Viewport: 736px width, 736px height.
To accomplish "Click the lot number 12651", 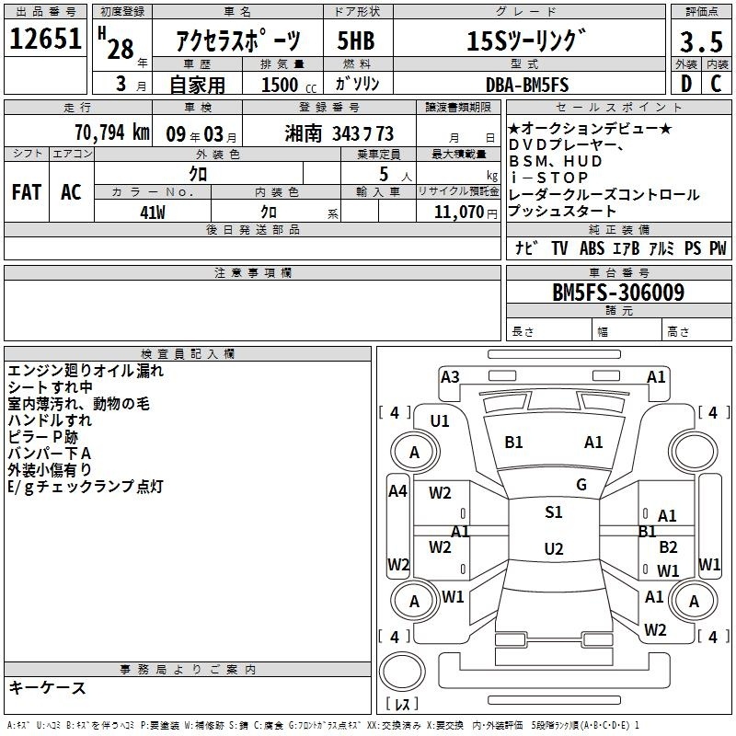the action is pos(45,39).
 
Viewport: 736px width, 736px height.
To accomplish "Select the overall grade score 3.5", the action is pos(701,41).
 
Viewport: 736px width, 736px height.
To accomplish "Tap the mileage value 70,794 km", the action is pos(112,132).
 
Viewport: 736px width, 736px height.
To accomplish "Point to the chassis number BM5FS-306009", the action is pos(618,292).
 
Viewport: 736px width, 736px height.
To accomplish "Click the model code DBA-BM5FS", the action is pos(527,85).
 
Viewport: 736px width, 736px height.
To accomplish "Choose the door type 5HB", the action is pos(356,40).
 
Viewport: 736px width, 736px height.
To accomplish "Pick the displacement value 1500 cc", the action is pos(288,85).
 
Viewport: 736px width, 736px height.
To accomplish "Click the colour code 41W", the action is pos(153,213).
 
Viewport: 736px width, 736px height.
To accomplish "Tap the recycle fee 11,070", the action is pos(459,213).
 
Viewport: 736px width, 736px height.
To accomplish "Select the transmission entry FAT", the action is pos(27,192).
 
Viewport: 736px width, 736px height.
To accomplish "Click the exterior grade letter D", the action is pos(686,84).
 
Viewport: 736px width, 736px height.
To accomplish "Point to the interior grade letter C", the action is pos(716,84).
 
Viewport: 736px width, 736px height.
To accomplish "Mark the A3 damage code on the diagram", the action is pos(450,377).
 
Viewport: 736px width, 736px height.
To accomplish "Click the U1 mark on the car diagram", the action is pos(440,421).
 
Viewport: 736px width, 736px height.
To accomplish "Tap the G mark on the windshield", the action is pos(581,485).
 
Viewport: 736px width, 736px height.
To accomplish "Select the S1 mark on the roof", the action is pos(554,512).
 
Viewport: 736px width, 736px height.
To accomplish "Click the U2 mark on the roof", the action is pos(554,548).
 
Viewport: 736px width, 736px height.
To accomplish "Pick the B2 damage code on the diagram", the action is pos(668,546).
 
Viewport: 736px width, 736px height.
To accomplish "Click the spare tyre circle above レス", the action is pos(402,672).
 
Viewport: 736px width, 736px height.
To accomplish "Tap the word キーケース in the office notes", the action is pos(47,687).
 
